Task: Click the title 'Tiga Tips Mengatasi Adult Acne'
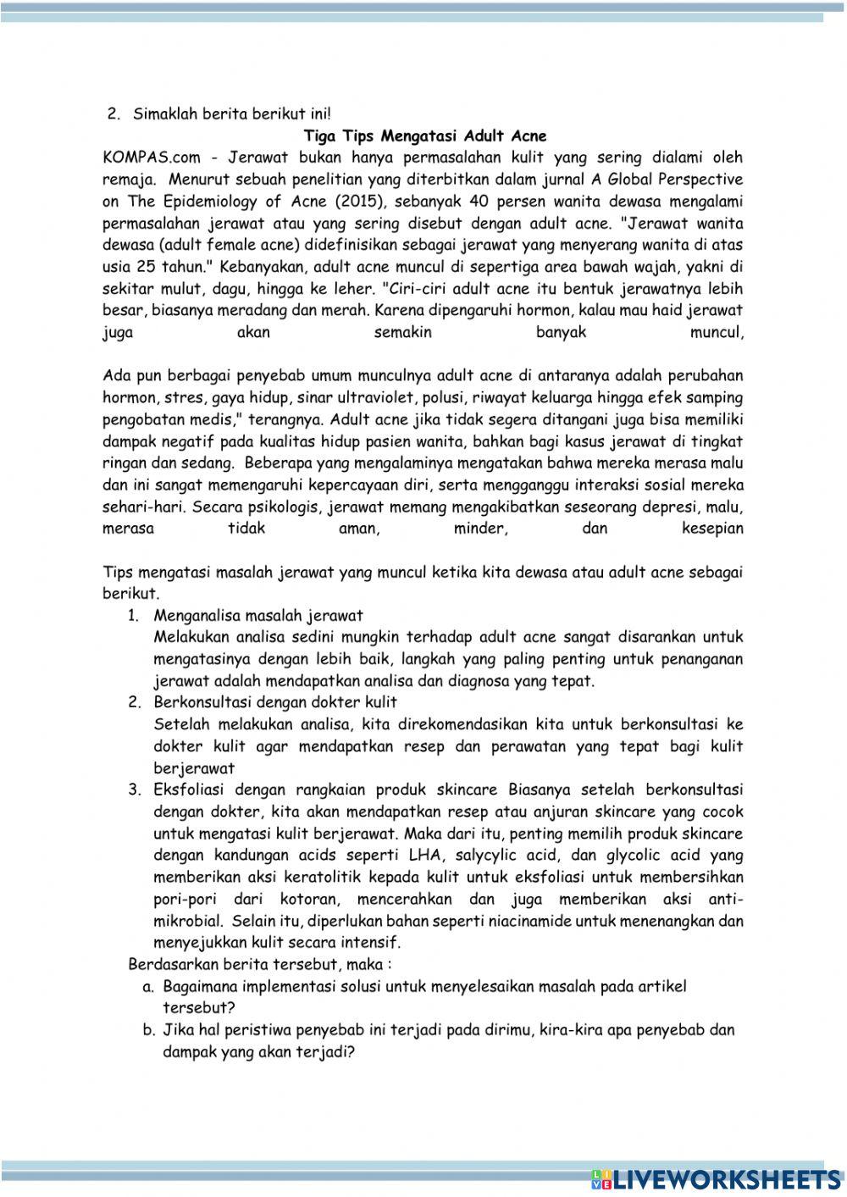tap(424, 136)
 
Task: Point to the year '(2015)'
tap(354, 202)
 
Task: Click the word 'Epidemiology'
tap(212, 202)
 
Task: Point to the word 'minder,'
tap(479, 529)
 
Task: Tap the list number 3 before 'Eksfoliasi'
tap(134, 790)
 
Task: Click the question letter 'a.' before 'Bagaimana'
tap(148, 987)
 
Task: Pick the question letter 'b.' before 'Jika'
tap(148, 1031)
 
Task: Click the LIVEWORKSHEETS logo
tap(714, 1178)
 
